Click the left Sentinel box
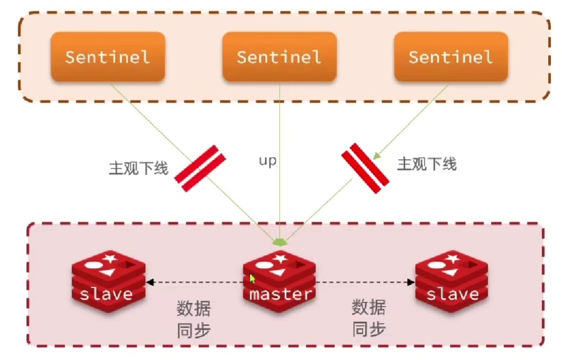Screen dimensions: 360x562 point(108,57)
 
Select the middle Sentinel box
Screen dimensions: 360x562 point(279,57)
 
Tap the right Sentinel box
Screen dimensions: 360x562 point(451,57)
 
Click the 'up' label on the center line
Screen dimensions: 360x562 point(267,161)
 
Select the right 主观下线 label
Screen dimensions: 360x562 point(426,163)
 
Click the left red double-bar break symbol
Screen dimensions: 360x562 point(200,168)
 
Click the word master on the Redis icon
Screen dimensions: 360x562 point(280,294)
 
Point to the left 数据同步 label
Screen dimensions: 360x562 point(194,319)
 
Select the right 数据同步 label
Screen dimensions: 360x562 point(368,318)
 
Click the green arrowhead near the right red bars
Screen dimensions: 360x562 point(377,155)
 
